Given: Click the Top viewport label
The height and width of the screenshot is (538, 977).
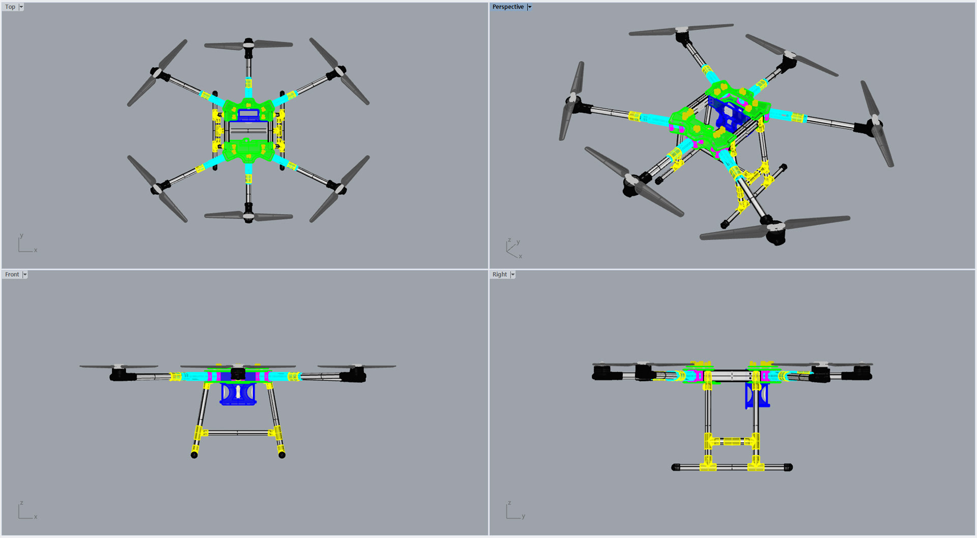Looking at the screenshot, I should [10, 7].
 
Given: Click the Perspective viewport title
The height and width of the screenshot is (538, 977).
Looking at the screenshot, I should [507, 7].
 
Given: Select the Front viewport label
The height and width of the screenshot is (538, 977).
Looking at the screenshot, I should [12, 274].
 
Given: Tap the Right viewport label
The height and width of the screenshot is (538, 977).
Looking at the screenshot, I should [499, 274].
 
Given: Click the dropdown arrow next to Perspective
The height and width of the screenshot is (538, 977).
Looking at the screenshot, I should [529, 7].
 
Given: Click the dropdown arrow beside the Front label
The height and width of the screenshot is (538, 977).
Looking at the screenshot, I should [25, 275].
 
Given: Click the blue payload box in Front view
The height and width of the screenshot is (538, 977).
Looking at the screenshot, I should [238, 394].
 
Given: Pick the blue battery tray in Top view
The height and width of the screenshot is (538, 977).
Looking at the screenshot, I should [248, 115].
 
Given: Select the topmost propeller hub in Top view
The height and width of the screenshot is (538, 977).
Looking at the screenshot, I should [248, 44].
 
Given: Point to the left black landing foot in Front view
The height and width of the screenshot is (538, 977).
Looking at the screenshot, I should [194, 455].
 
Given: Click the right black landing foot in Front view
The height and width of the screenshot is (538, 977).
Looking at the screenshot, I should [282, 455].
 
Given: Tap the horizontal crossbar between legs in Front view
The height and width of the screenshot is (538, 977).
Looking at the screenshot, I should [238, 433].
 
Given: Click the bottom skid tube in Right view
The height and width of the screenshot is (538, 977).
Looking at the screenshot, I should [731, 467].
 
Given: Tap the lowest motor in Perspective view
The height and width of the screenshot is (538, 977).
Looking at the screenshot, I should [775, 233].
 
